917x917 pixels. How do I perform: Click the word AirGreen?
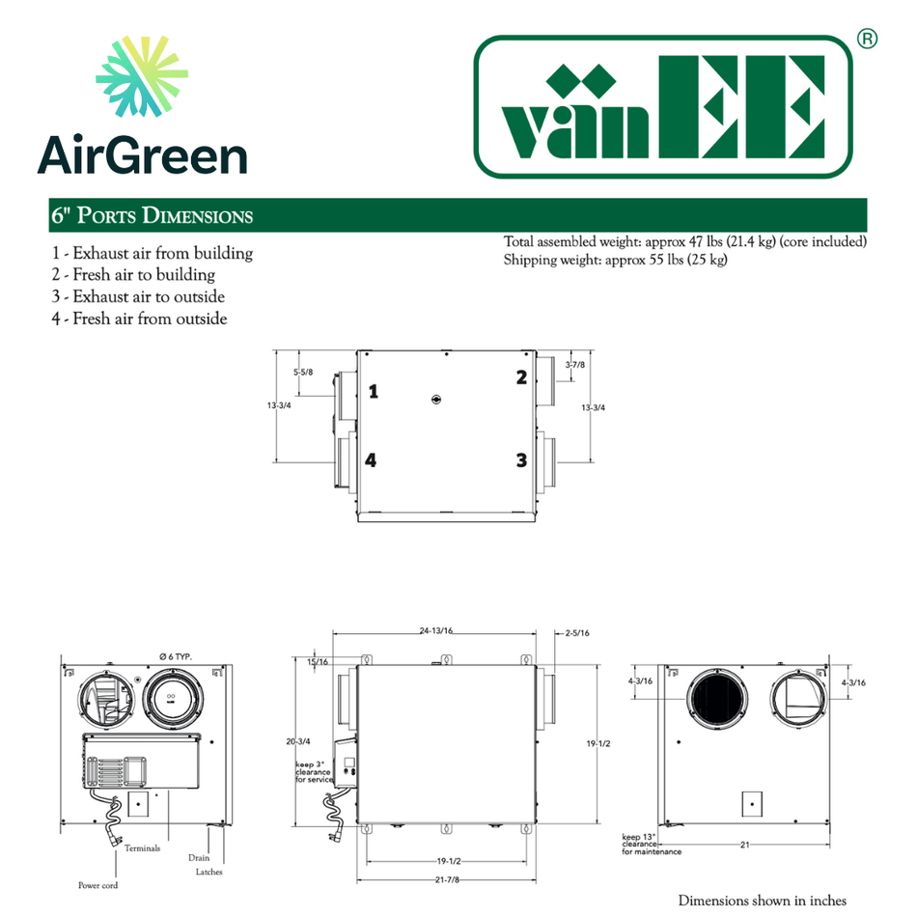(x=142, y=154)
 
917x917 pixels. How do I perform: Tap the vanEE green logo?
(x=664, y=107)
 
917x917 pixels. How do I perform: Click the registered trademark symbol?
(x=867, y=40)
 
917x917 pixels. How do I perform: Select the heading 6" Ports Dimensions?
(x=152, y=215)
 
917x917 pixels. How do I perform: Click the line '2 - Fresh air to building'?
(x=133, y=275)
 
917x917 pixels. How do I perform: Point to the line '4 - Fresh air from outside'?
(x=140, y=318)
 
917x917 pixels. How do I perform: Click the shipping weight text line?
(x=615, y=260)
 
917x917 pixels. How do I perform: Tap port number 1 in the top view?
(x=373, y=391)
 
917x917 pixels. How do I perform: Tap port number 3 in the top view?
(x=521, y=460)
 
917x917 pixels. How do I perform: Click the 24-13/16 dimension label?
(x=436, y=630)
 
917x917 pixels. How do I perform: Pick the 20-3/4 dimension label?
(x=299, y=741)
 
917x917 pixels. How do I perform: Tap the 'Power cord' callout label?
(x=97, y=884)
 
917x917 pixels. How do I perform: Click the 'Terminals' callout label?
(x=142, y=848)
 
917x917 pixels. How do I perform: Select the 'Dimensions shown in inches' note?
(x=762, y=900)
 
